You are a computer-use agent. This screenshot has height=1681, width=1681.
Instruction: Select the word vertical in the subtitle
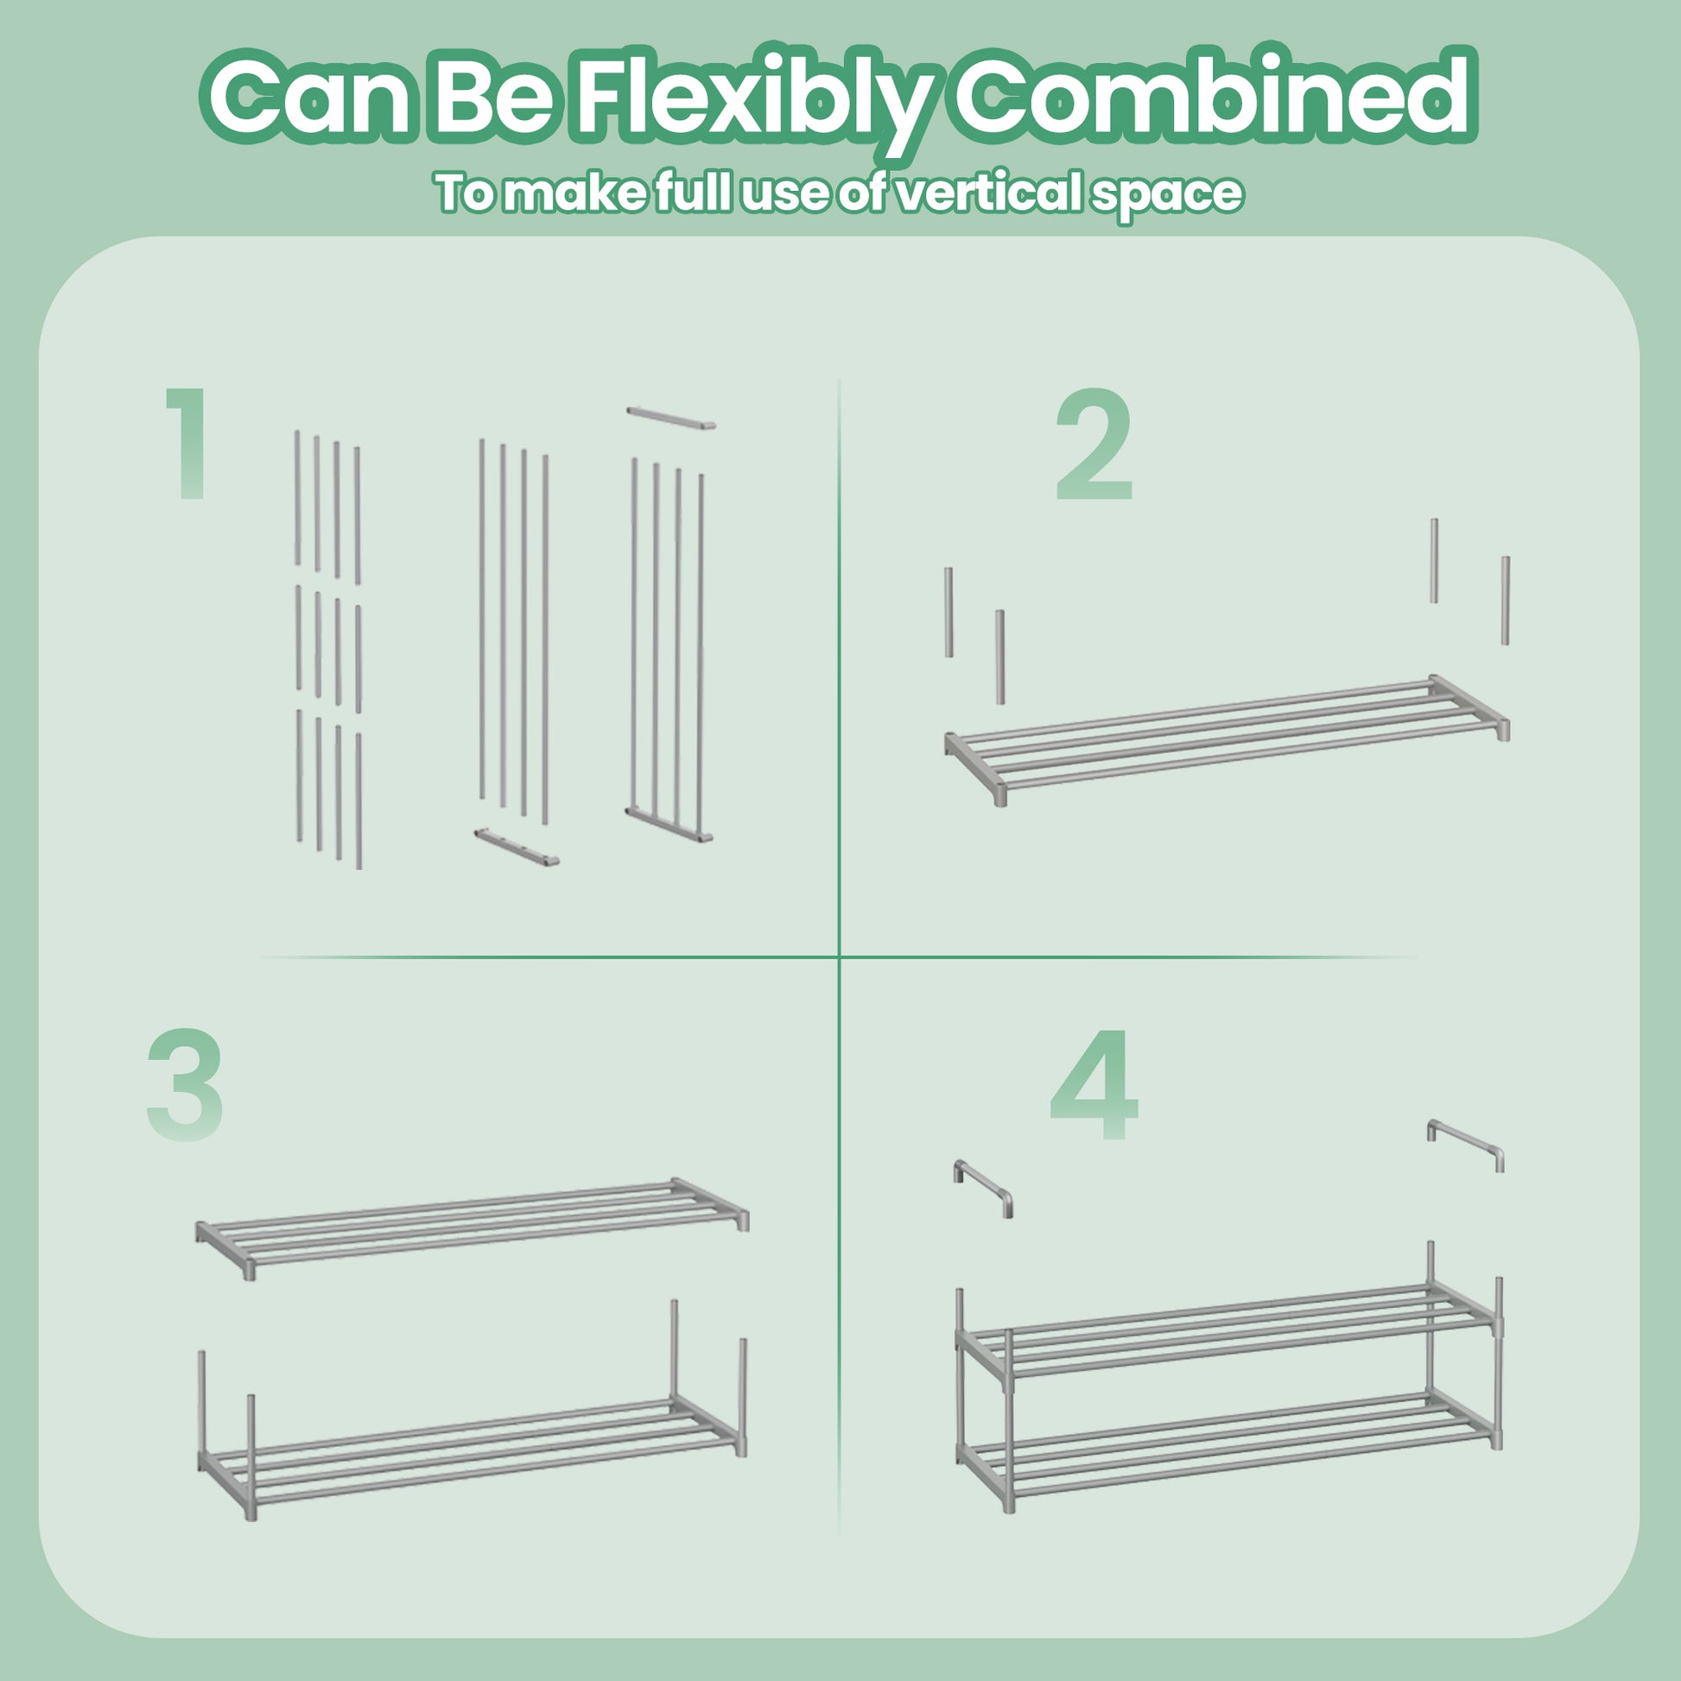click(991, 193)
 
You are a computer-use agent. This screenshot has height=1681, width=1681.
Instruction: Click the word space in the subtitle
click(1169, 197)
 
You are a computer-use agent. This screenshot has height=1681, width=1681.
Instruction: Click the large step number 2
click(1094, 446)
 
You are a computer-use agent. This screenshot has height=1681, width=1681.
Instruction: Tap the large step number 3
click(185, 1084)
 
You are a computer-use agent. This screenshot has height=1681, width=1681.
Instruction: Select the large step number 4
click(1094, 1084)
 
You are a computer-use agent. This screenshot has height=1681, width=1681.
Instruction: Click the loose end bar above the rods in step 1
click(671, 416)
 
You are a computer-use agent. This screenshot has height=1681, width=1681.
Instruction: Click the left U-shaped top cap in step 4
click(983, 1189)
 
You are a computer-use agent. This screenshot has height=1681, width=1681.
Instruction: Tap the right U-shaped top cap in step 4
click(1466, 1146)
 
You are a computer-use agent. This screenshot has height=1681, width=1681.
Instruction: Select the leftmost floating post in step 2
click(948, 612)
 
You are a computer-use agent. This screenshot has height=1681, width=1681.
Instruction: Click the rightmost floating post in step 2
click(1506, 600)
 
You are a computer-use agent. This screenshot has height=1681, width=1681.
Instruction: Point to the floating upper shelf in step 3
click(472, 1227)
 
